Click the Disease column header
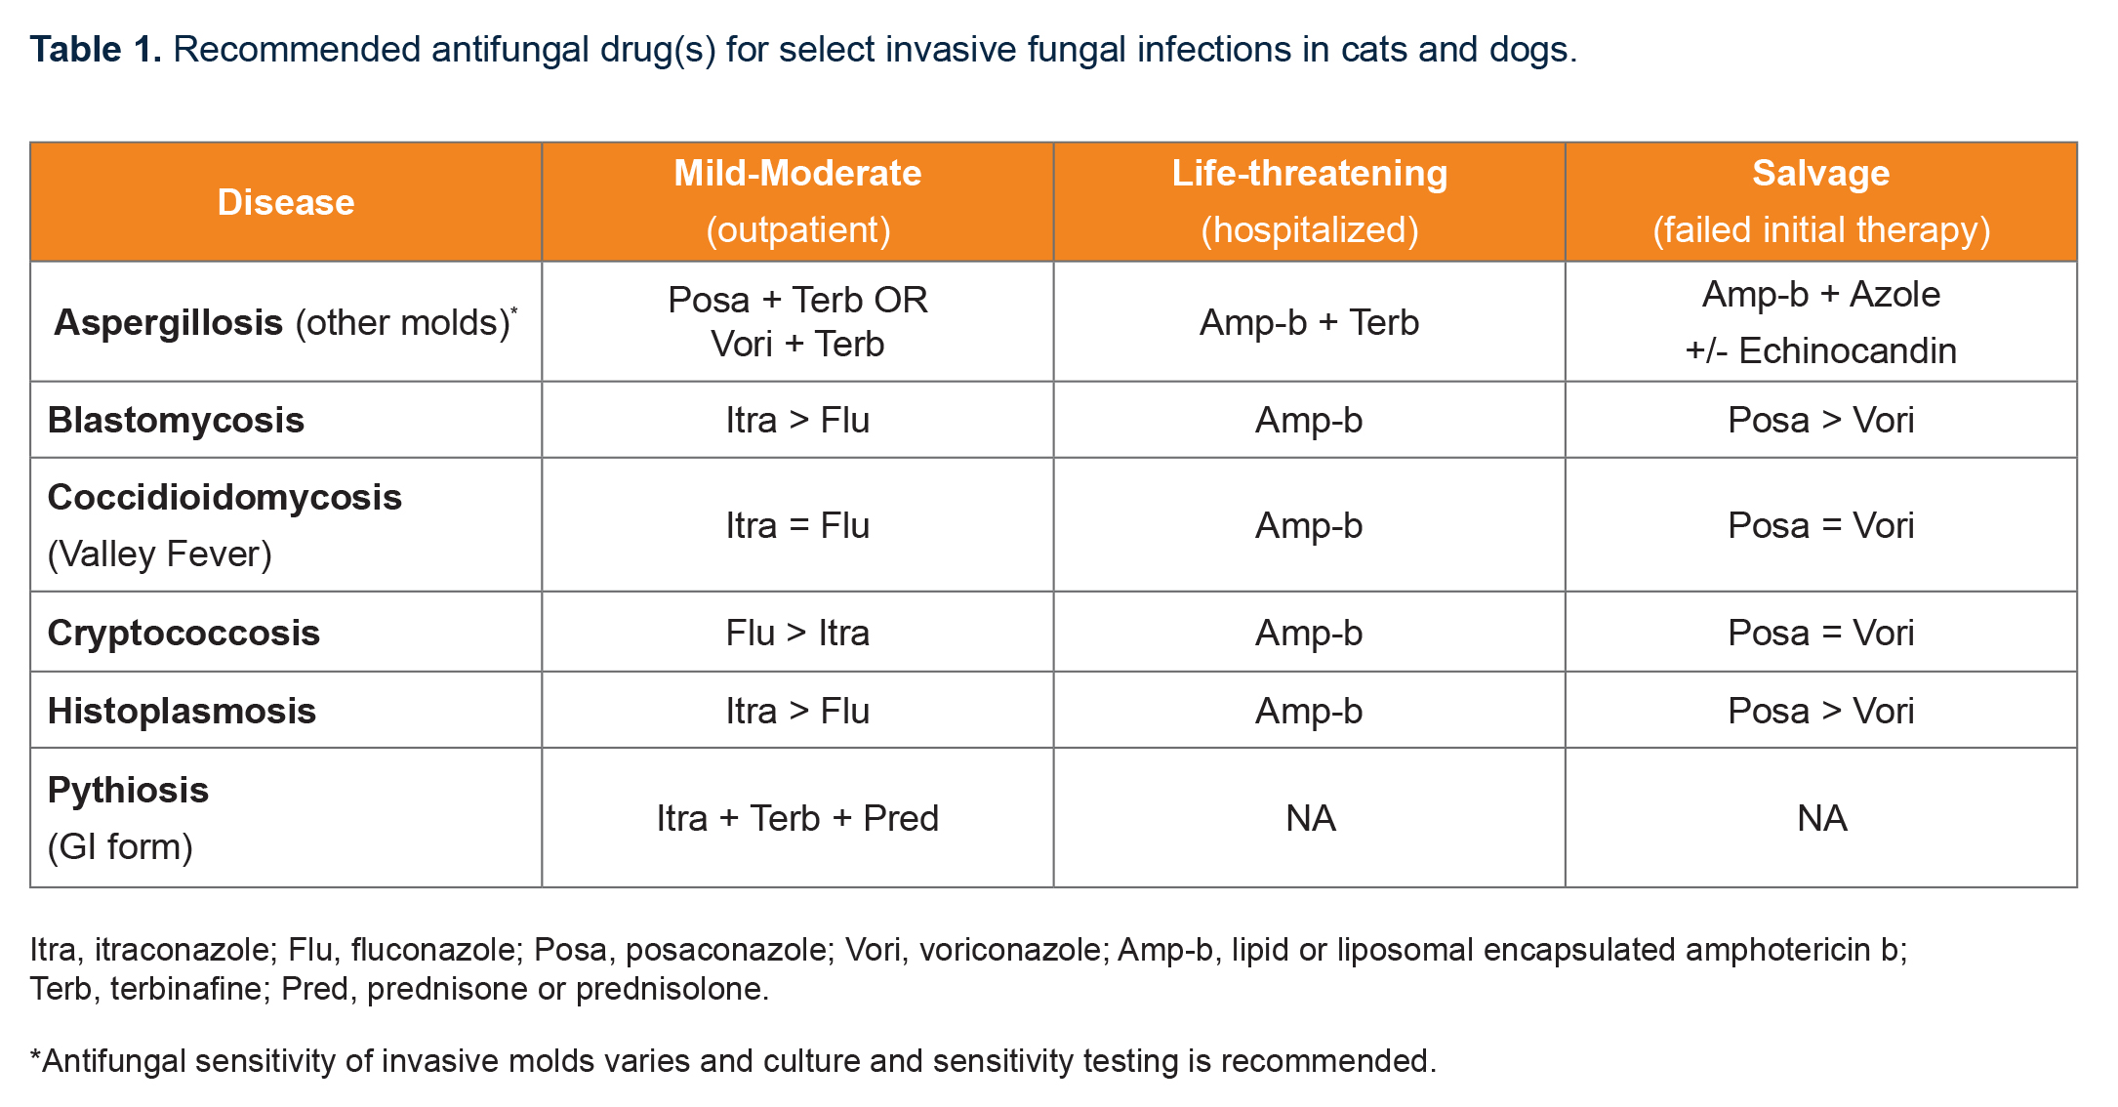(285, 202)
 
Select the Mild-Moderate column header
(797, 174)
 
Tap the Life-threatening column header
(1309, 174)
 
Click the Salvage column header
(1820, 174)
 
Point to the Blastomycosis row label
(176, 420)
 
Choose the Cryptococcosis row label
(183, 633)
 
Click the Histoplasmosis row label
(182, 711)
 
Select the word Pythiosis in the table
(128, 790)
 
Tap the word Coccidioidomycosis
(224, 497)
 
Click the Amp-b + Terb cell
(1309, 322)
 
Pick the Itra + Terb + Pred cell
(797, 818)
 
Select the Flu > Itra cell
(797, 633)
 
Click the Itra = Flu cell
(797, 525)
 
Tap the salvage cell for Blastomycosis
(1820, 420)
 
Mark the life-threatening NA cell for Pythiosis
(1310, 818)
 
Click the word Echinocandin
(1848, 350)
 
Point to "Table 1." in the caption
(96, 49)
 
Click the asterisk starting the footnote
(36, 1056)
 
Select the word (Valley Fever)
(160, 553)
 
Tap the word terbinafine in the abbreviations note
(185, 989)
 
